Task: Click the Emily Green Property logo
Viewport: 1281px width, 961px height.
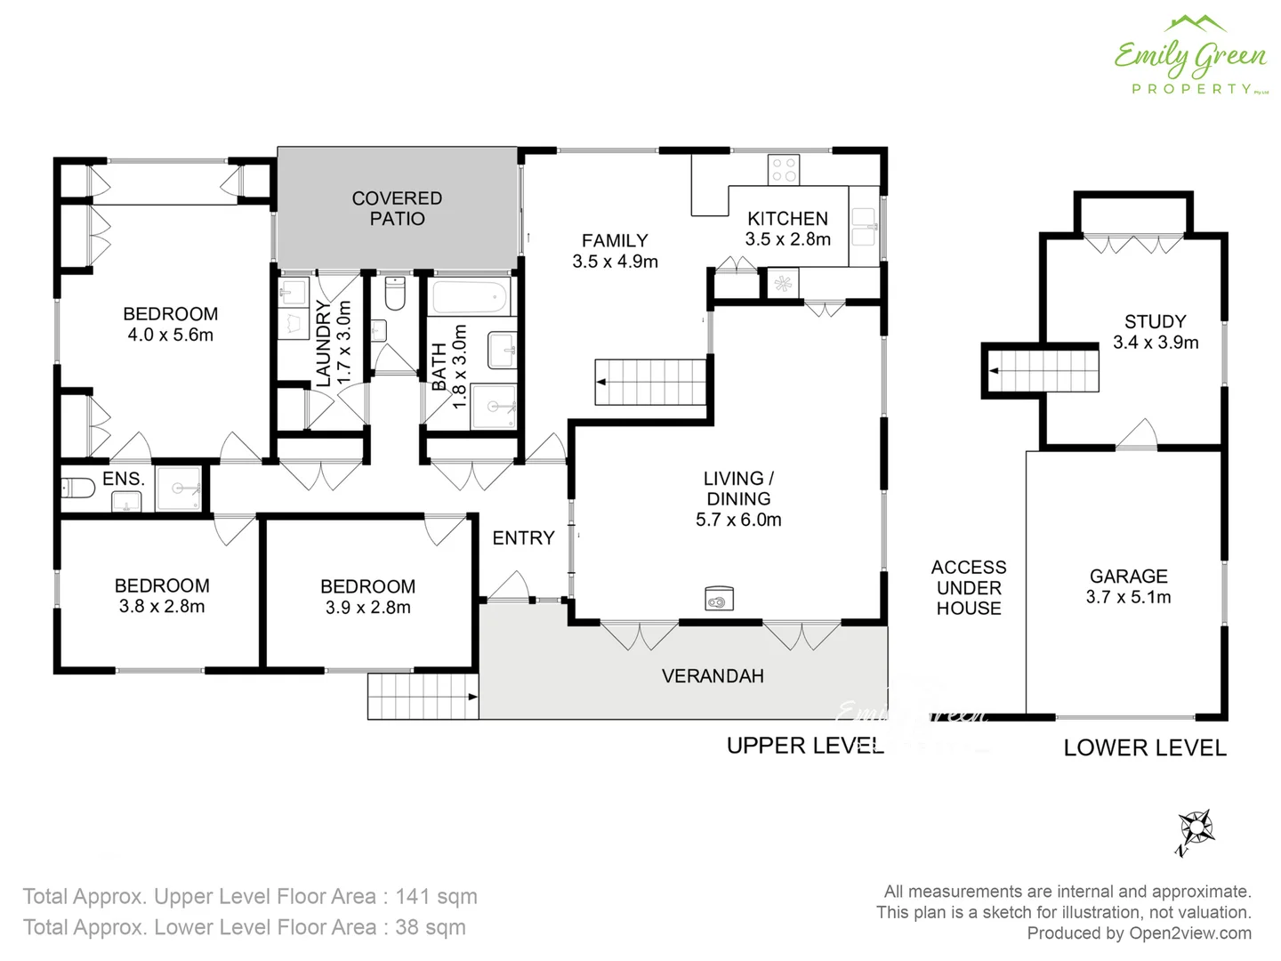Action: pos(1190,55)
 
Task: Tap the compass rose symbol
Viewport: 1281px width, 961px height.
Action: pos(1196,831)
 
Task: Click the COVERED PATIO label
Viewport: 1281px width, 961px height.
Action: pos(397,208)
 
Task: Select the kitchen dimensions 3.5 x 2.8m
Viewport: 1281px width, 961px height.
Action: pos(787,239)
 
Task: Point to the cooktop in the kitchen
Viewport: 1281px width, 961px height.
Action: pos(784,169)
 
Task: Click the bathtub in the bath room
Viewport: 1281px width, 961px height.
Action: pos(469,297)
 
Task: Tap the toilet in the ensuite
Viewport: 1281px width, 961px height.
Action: pos(77,488)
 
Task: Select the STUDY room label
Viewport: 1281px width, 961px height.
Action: pos(1155,321)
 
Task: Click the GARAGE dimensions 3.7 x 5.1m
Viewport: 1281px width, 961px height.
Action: pos(1128,597)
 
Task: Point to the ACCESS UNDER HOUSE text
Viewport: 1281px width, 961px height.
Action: pos(969,587)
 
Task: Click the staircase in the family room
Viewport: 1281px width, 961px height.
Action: pos(650,382)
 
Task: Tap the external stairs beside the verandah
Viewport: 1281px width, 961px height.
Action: pos(423,696)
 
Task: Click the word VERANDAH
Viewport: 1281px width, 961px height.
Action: pos(713,676)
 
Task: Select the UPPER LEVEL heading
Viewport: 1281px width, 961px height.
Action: pos(805,746)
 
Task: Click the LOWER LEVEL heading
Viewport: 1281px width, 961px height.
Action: pos(1145,748)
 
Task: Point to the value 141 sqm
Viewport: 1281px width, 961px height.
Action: pos(436,896)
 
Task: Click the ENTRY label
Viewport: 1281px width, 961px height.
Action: pos(523,537)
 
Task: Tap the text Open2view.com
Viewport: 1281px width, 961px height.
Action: pos(1189,933)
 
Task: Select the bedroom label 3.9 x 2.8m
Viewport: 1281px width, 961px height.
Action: pos(367,608)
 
